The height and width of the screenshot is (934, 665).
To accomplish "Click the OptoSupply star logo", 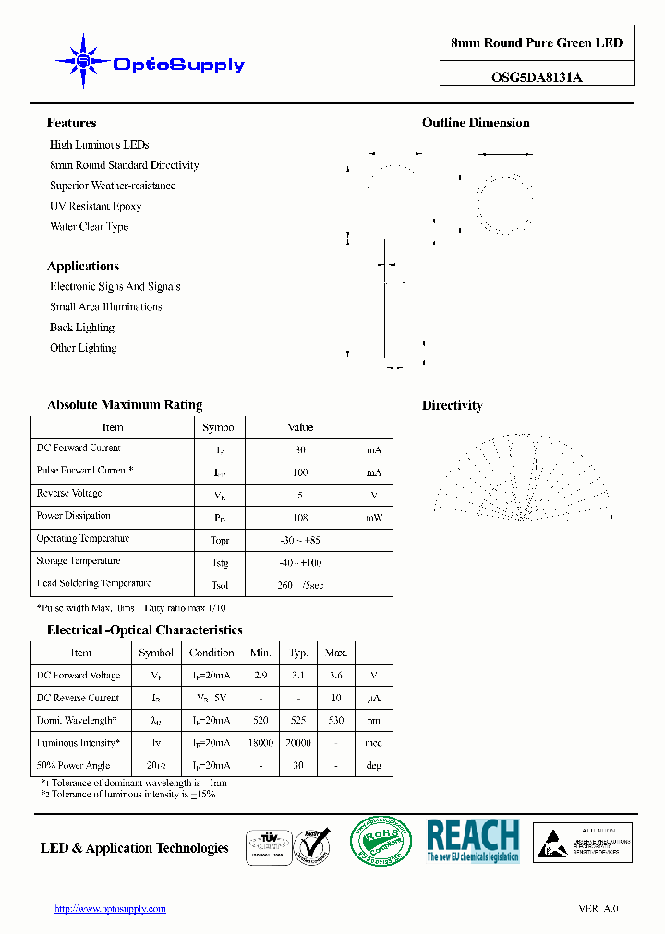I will point(84,62).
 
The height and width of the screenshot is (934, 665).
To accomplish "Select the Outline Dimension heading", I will point(476,123).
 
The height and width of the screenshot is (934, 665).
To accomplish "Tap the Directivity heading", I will point(452,405).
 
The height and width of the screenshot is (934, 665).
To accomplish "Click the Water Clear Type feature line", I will point(89,226).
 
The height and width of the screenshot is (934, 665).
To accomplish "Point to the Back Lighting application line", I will point(82,328).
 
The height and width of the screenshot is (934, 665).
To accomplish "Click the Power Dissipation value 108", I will point(299,519).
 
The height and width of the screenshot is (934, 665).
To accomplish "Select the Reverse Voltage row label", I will point(69,494).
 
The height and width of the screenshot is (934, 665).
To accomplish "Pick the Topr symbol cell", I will point(220,541).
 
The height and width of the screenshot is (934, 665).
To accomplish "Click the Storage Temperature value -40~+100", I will point(299,563).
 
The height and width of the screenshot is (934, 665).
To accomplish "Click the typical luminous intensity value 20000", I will point(299,743).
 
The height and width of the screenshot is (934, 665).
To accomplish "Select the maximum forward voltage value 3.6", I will point(336,676).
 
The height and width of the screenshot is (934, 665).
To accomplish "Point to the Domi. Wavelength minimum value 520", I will point(261,721).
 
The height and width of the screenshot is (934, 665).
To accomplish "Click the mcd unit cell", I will point(373,743).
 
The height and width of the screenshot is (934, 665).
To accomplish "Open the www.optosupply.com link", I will point(111,909).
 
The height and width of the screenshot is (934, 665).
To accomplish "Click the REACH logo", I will point(473,841).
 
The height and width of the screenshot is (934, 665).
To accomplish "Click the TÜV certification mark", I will point(268,844).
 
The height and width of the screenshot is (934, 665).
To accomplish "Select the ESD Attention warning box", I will point(583,843).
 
